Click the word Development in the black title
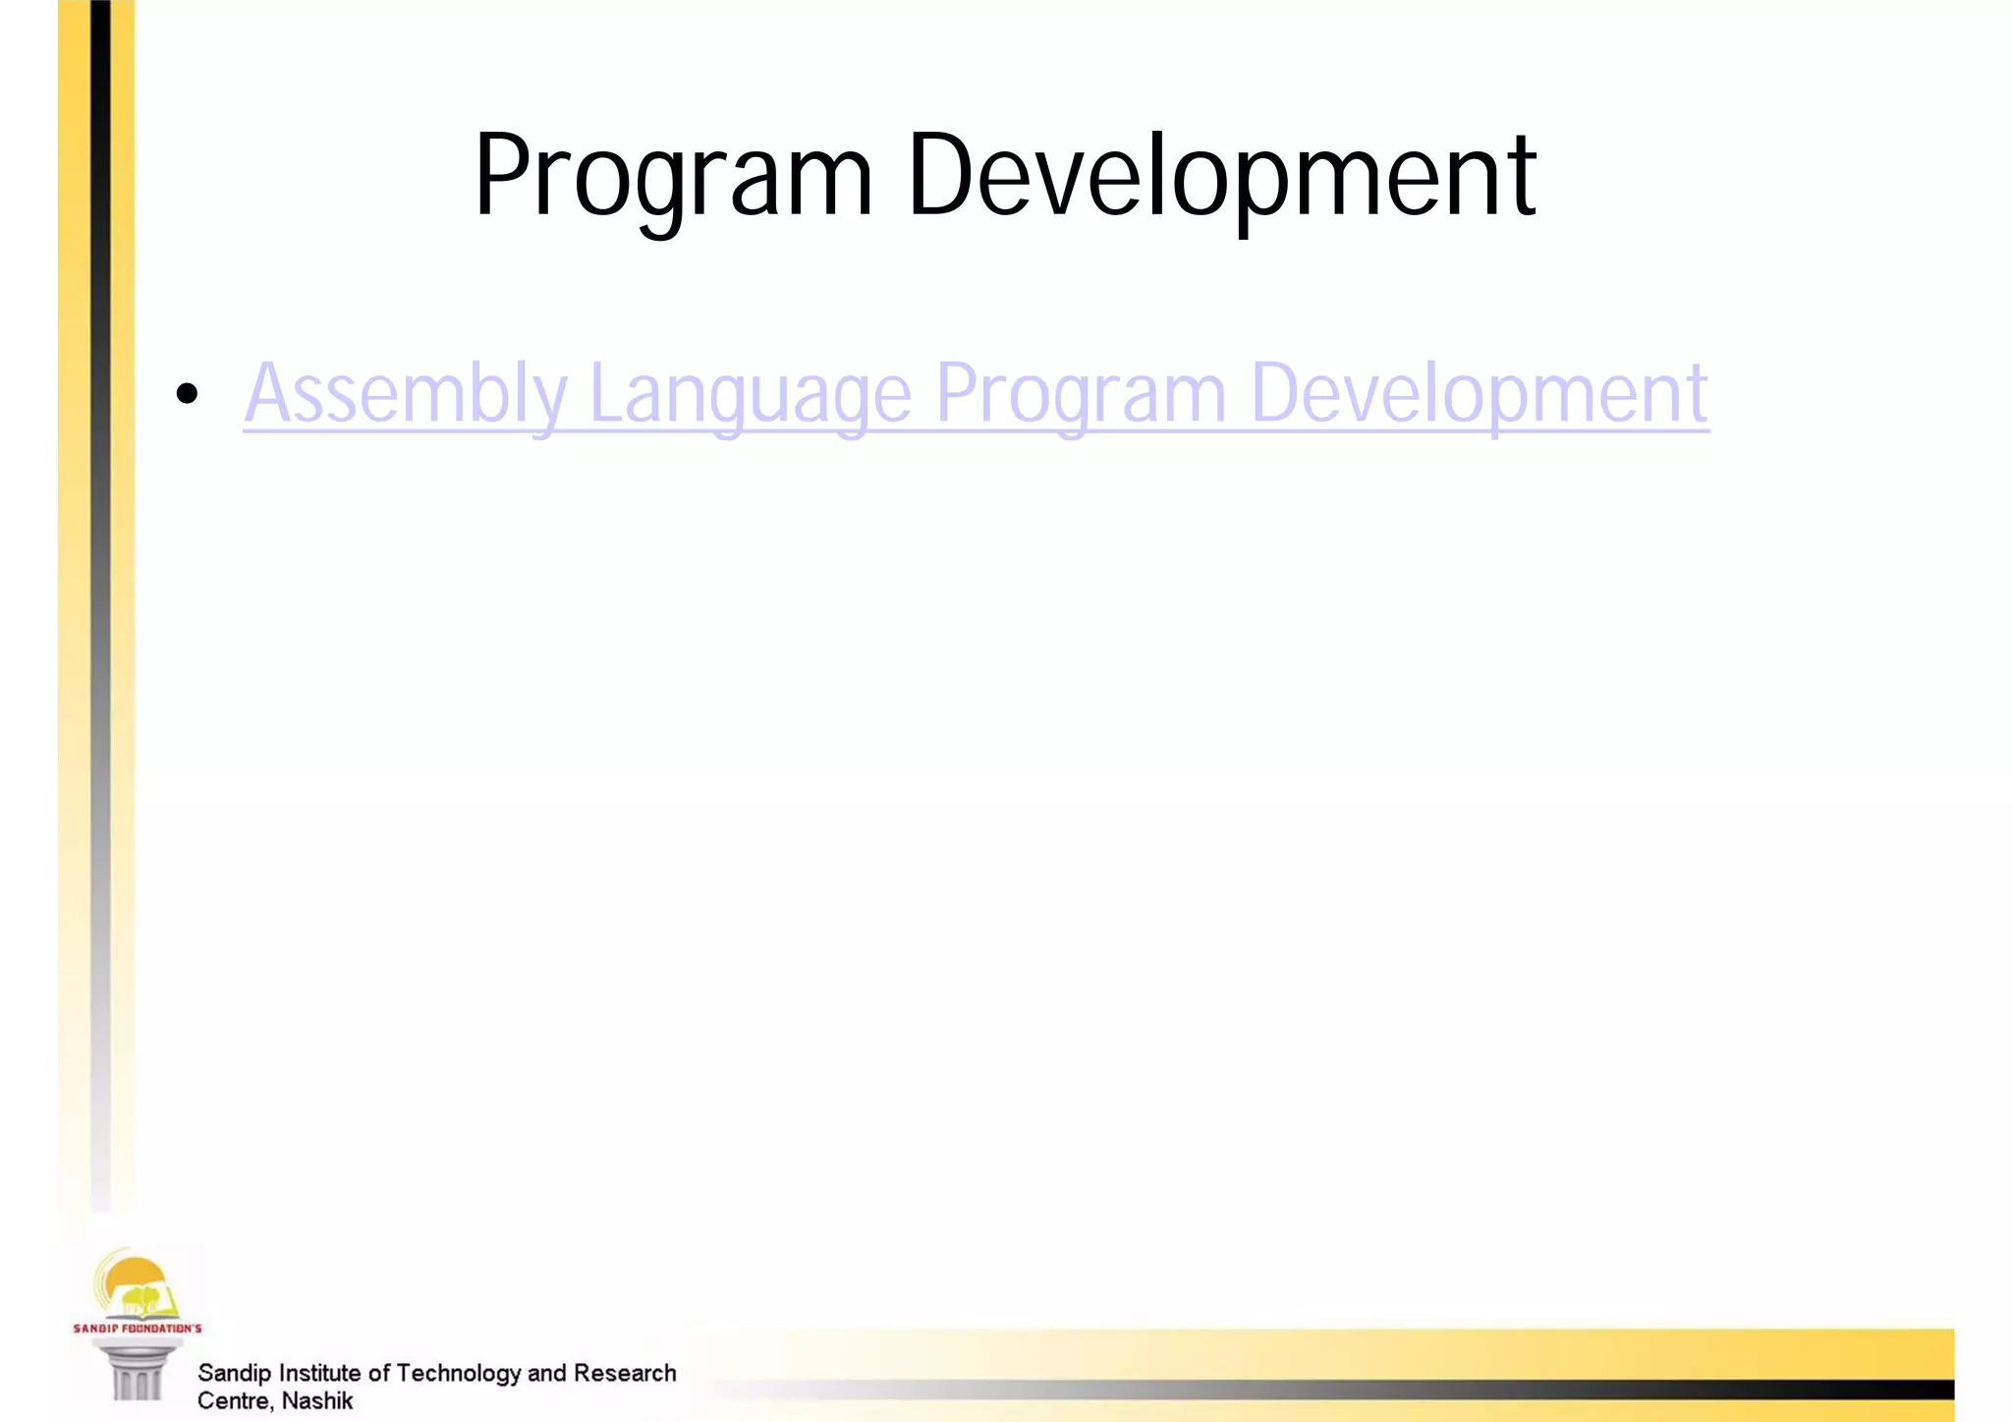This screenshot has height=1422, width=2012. click(x=1221, y=177)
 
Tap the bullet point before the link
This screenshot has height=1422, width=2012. click(x=187, y=394)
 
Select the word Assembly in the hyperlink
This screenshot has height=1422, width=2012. click(x=406, y=393)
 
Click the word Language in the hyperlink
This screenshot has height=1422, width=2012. click(x=751, y=393)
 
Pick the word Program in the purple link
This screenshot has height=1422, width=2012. click(x=1081, y=393)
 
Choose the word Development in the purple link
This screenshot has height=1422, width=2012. click(x=1479, y=393)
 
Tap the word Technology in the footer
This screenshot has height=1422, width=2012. click(x=458, y=1373)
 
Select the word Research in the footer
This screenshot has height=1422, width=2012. click(x=625, y=1373)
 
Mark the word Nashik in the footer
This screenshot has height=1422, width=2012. click(x=316, y=1400)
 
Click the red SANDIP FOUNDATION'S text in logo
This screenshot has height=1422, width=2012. click(x=138, y=1329)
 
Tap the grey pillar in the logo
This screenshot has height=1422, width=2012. click(x=136, y=1374)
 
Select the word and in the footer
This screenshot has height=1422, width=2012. click(x=546, y=1373)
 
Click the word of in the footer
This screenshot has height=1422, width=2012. click(x=379, y=1373)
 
